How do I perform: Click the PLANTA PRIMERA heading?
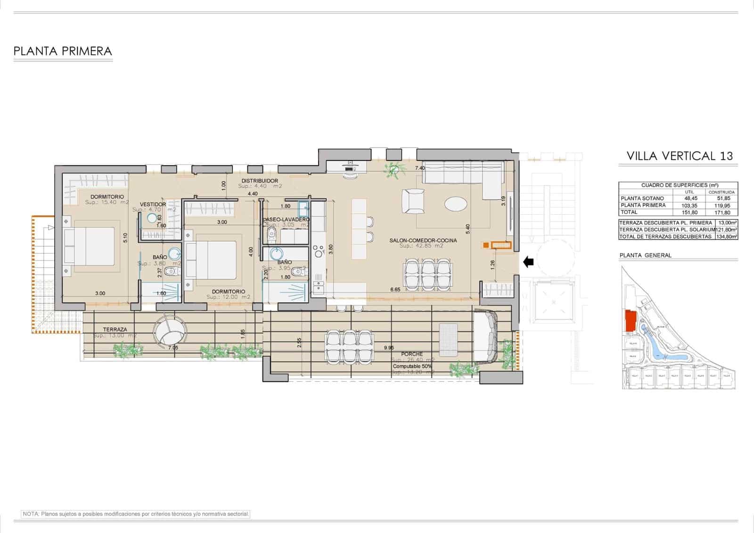63,51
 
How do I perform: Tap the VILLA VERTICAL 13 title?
680,156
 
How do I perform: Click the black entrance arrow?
528,261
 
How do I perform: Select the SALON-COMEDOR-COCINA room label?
423,241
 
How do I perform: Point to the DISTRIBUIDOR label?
260,181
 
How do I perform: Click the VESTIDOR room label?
153,204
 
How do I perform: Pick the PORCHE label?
412,354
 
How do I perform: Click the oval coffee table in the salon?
456,204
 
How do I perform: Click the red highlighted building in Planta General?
630,321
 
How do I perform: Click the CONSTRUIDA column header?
721,192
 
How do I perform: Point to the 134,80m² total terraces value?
726,237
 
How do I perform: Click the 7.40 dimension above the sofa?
420,168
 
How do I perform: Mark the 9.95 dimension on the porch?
389,348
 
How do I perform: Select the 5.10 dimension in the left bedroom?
125,238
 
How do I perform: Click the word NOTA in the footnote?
30,514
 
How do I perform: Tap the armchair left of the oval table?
413,201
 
